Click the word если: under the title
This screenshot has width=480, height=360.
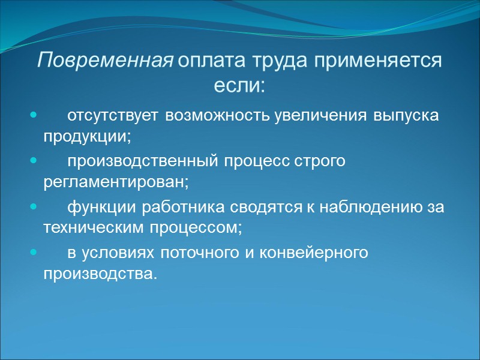[239, 85]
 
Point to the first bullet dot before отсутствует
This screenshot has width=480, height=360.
[33, 114]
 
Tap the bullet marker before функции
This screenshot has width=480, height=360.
[33, 208]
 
